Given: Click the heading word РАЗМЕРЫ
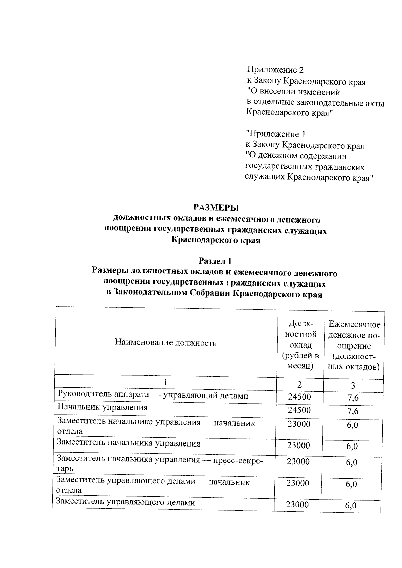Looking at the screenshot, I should click(x=216, y=208).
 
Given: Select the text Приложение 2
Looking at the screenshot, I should click(x=275, y=70).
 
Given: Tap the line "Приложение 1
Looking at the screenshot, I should click(x=276, y=134).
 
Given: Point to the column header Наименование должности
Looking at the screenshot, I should click(x=166, y=343).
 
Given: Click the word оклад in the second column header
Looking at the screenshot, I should click(x=300, y=345).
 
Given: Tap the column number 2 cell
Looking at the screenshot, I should click(x=299, y=384).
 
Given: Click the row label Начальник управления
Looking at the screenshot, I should click(x=103, y=407).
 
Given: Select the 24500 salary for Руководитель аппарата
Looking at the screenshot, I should click(x=299, y=397).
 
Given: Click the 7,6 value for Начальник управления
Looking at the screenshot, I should click(x=353, y=411).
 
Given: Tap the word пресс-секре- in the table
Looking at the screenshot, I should click(x=242, y=460).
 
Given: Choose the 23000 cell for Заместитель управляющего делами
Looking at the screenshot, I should click(x=297, y=505).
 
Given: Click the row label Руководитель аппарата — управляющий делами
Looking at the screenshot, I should click(x=153, y=396).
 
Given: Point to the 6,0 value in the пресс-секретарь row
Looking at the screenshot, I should click(x=352, y=463).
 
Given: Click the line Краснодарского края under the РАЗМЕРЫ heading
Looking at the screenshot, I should click(x=215, y=240).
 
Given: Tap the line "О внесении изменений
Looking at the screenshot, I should click(x=293, y=92).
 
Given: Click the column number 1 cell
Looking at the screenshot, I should click(x=165, y=383).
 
